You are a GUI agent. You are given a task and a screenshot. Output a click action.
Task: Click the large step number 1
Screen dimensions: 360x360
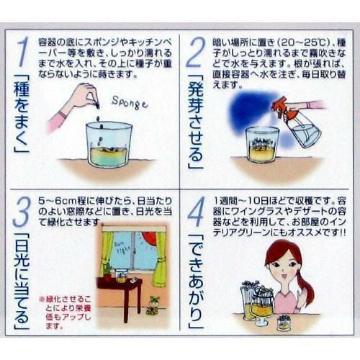coord(22,52)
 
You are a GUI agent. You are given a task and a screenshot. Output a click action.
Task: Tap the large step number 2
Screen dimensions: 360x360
coord(196,53)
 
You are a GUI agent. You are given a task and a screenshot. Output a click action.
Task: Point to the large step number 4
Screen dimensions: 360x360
coord(197,212)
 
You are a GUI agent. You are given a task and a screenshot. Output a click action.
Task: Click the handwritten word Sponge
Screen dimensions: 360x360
coord(130,103)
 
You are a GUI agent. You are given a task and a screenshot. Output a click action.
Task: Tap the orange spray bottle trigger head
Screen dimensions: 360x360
coord(281,106)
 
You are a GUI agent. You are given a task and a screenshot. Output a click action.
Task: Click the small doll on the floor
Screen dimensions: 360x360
coord(153,305)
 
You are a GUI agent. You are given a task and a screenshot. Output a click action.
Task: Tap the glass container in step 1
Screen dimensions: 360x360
coord(109,144)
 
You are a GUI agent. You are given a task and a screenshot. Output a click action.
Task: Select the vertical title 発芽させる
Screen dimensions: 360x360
coord(195,122)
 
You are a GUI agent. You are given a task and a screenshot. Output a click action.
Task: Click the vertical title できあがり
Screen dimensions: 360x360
coord(197,282)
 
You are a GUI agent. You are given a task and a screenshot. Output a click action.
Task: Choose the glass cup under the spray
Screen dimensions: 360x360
coord(263,144)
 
